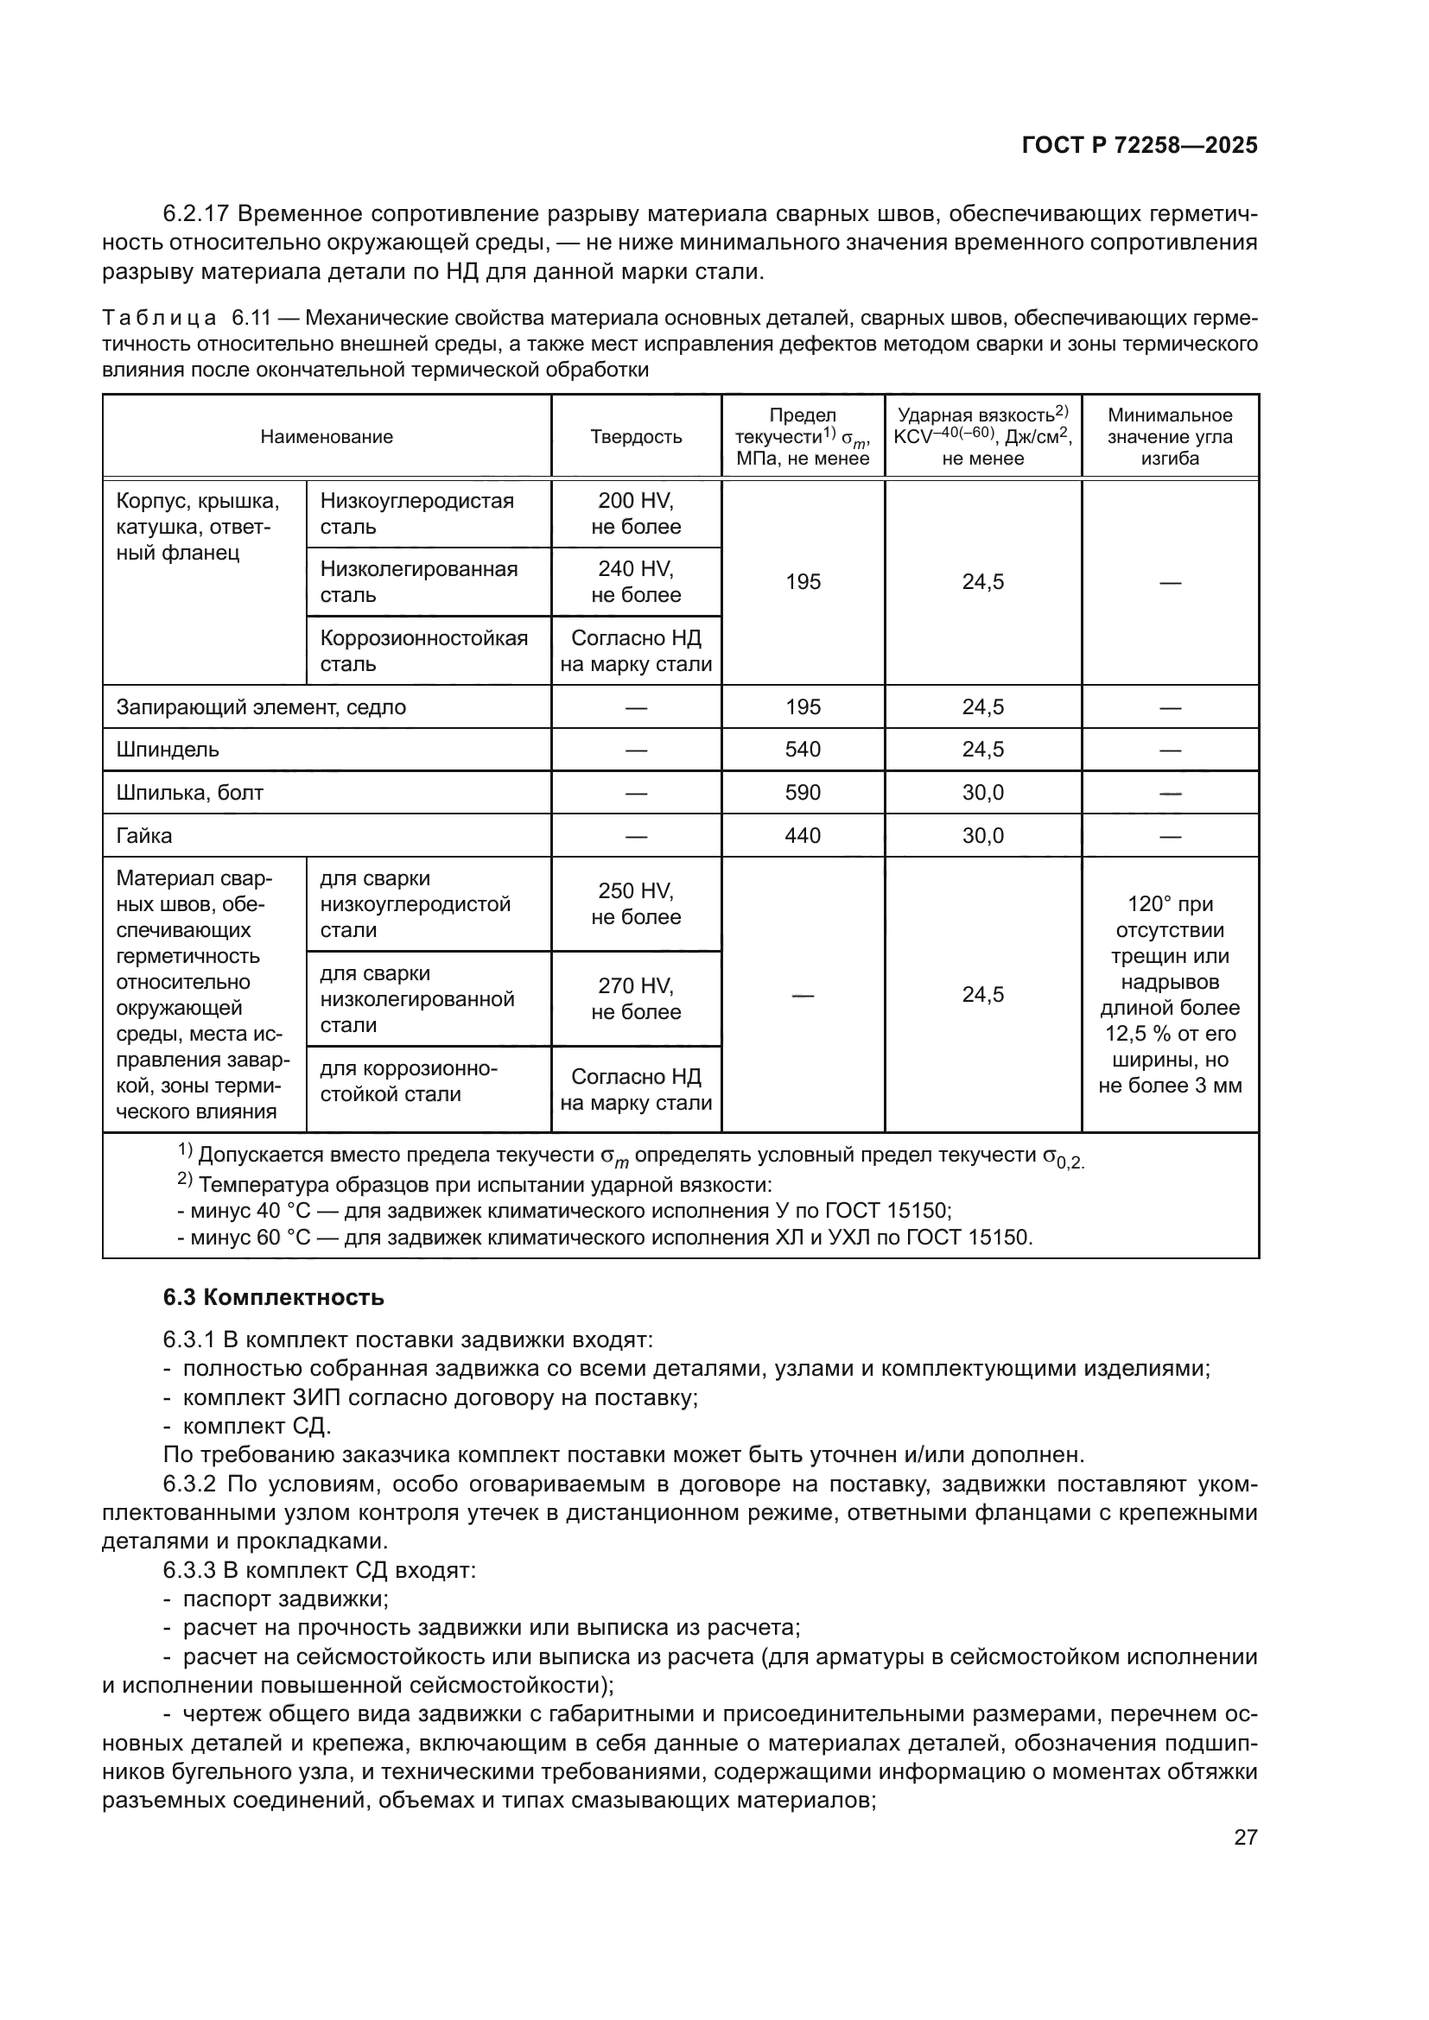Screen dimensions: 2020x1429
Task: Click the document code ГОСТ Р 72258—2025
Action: [1140, 146]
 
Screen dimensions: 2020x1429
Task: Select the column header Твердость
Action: [635, 437]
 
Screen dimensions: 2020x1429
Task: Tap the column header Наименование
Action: [327, 437]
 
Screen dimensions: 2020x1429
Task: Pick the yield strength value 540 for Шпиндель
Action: [803, 750]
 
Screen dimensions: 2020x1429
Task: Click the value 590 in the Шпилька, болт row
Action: [803, 793]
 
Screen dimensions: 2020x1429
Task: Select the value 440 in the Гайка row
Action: [803, 836]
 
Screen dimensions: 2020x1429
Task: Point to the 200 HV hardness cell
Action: [635, 514]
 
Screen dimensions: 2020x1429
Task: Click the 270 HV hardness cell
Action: [635, 998]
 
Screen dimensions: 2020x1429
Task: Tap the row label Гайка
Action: [144, 836]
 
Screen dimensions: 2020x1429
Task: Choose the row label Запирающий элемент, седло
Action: [260, 707]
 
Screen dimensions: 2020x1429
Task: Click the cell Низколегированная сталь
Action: [419, 581]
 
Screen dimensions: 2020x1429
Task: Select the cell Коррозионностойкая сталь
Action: [424, 651]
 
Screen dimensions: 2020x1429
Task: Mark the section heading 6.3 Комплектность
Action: [274, 1298]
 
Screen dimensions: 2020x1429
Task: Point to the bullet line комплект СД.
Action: [256, 1426]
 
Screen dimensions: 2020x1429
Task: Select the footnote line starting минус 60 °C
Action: [604, 1238]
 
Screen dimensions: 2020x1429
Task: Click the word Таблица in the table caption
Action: [159, 318]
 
